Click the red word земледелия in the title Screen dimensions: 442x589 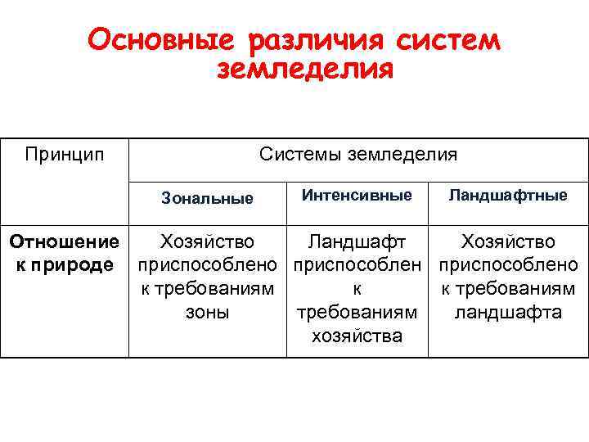[305, 70]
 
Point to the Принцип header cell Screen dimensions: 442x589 [65, 154]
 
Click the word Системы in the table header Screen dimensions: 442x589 [299, 154]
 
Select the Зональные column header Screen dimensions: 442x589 [207, 197]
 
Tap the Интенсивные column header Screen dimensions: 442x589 [357, 196]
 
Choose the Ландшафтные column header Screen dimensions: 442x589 [508, 196]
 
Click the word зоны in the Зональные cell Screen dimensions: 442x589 [207, 313]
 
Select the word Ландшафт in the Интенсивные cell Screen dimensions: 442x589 [357, 241]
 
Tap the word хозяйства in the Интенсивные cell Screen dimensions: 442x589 [357, 336]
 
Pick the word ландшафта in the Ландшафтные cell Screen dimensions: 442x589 [508, 313]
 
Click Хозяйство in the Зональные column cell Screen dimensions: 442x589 [207, 241]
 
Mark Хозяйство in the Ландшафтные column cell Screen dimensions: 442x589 [508, 241]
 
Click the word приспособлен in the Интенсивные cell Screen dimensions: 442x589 [357, 265]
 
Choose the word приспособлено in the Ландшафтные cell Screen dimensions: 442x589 [508, 265]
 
